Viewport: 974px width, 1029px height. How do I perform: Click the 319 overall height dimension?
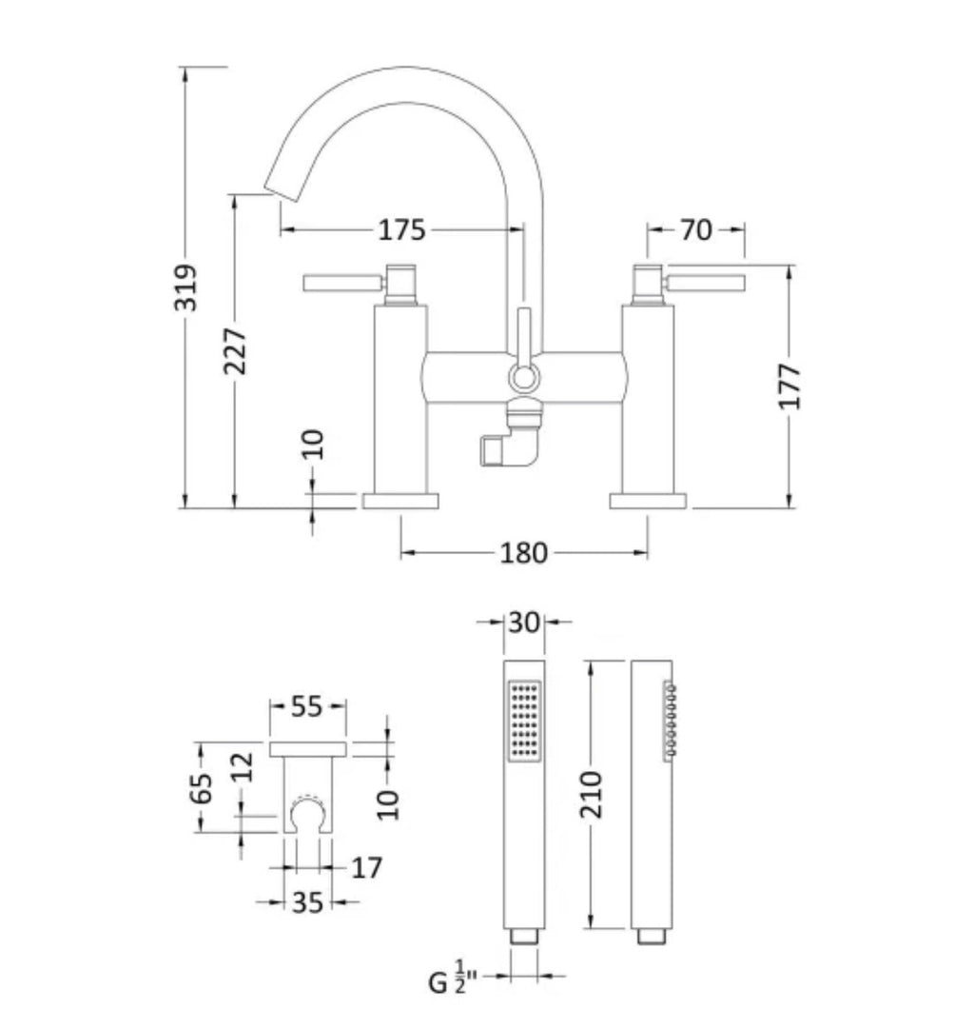pos(185,287)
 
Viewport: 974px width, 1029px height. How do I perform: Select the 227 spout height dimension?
pos(235,351)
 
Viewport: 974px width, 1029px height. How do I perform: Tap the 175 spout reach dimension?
pos(402,229)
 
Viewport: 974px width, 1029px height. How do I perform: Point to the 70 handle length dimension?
pos(696,229)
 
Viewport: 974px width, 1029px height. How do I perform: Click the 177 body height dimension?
pos(789,386)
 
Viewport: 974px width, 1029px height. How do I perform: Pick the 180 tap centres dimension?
pos(523,552)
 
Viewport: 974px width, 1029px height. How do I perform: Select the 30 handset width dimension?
pos(524,623)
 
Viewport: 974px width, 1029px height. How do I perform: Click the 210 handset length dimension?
pos(591,794)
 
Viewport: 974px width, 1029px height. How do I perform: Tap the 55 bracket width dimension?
pos(306,706)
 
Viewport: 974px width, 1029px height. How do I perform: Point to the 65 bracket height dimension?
pos(201,787)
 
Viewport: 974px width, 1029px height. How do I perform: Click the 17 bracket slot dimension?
pos(366,867)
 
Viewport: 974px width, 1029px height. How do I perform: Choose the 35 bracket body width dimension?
pos(307,902)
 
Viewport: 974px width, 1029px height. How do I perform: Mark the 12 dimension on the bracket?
pos(242,766)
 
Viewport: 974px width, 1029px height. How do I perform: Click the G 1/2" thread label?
pos(453,978)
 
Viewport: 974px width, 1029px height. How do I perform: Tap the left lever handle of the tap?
pos(342,283)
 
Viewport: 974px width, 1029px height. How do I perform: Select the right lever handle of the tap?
pos(705,283)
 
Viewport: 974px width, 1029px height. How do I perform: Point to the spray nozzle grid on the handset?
pos(525,721)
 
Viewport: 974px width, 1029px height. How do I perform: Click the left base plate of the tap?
pos(400,501)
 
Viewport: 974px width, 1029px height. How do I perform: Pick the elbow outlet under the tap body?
pos(513,439)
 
